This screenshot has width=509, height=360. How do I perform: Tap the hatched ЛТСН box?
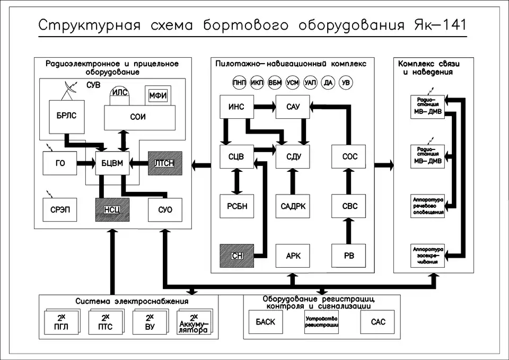[164, 163]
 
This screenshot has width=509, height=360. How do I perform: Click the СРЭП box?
[60, 209]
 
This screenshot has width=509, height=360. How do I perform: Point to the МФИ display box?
[158, 95]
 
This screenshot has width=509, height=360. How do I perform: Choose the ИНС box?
[236, 107]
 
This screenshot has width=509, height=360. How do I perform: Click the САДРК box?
[292, 206]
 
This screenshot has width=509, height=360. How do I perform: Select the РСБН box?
[236, 206]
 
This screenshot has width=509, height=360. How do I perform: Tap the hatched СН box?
[236, 256]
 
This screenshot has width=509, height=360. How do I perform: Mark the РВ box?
[348, 256]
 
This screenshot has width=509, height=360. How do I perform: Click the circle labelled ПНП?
[239, 83]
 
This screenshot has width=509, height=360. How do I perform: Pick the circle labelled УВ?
[346, 83]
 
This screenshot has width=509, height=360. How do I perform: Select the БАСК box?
[266, 322]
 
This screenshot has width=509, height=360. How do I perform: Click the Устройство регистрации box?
[321, 322]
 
